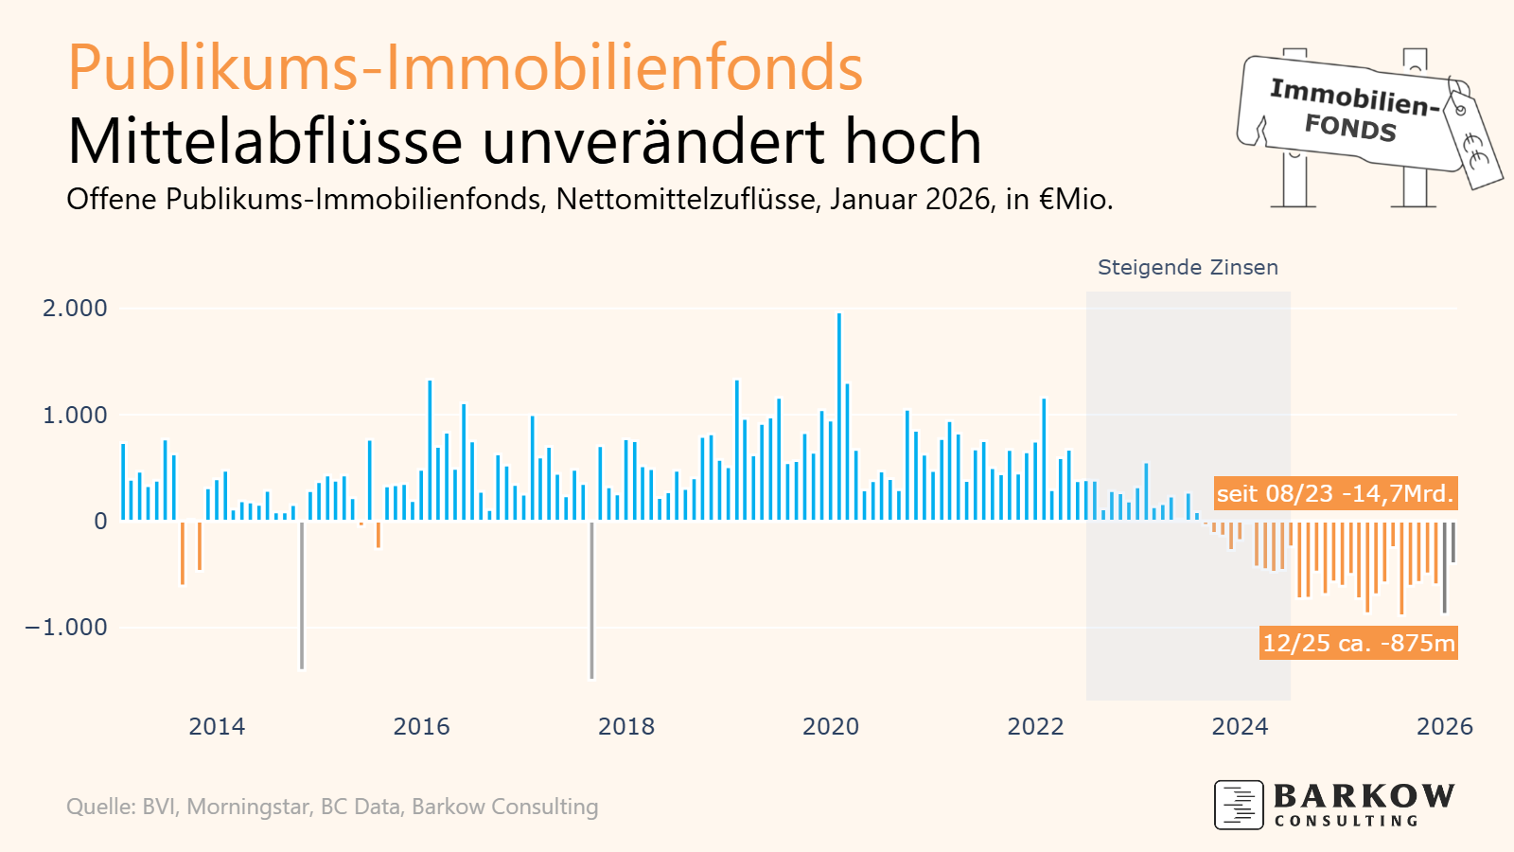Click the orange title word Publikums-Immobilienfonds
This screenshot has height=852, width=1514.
pos(465,68)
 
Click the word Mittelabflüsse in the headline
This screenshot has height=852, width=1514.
pos(266,142)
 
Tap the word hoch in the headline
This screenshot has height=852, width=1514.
pos(912,142)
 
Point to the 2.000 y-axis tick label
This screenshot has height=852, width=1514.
pos(75,309)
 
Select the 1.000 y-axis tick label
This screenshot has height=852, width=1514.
pos(75,415)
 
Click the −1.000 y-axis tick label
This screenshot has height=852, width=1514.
pos(66,628)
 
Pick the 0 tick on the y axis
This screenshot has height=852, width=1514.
pos(100,522)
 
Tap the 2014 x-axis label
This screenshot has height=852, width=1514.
pos(217,727)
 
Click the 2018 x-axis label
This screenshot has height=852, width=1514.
pos(626,727)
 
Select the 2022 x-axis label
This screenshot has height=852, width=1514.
pos(1035,727)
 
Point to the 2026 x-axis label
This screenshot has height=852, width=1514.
pos(1444,727)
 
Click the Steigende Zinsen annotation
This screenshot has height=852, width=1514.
pos(1188,268)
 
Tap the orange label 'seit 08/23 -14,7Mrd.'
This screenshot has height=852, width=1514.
pos(1334,493)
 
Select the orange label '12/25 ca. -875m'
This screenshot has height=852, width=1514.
pos(1358,643)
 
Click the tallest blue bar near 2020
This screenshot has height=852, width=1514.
pos(839,417)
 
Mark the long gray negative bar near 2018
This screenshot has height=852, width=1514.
pos(591,600)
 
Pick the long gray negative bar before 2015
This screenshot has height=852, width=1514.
pos(302,595)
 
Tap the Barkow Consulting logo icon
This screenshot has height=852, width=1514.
pos(1239,805)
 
